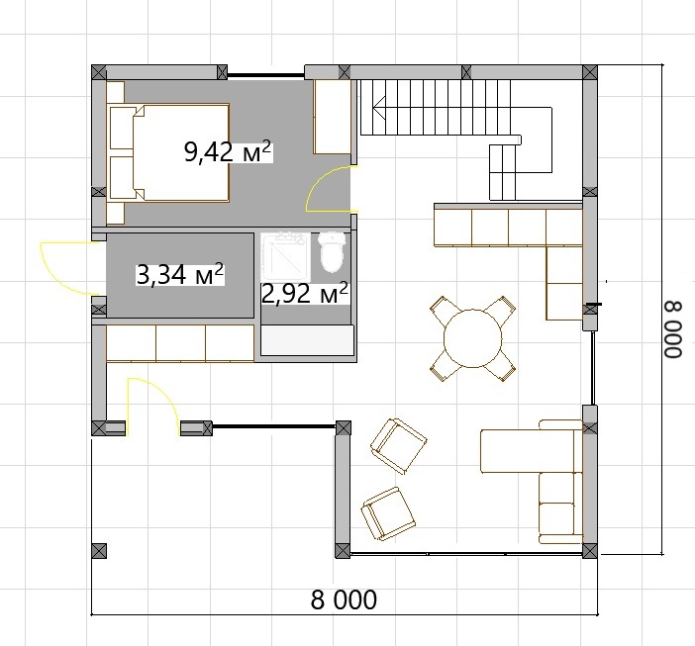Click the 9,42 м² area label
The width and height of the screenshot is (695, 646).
click(228, 152)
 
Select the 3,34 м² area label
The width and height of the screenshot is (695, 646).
click(180, 274)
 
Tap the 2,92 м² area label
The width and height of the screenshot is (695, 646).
click(305, 293)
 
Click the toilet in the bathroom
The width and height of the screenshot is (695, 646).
click(332, 251)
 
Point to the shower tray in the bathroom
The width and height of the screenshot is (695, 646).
click(285, 257)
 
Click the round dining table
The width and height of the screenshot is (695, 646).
click(473, 338)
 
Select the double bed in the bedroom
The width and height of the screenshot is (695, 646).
click(168, 152)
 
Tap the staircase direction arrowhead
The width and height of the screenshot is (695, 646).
click(378, 108)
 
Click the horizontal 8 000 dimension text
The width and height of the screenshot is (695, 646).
click(344, 600)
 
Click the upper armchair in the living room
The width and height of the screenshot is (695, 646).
click(398, 446)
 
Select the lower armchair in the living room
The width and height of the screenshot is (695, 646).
click(388, 514)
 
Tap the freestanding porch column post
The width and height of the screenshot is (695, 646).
click(99, 551)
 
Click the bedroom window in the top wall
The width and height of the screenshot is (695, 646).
click(266, 75)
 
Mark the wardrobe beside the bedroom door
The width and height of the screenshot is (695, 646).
click(333, 117)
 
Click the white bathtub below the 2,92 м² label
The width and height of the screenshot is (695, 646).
click(308, 340)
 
